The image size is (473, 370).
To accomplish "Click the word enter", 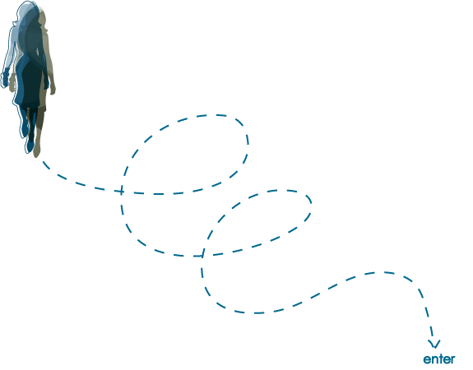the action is coord(439,359).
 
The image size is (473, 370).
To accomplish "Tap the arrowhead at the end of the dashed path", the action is coord(434,344).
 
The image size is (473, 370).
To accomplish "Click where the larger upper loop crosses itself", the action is coord(121,192).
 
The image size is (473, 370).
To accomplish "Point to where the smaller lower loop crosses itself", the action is coord(202,256).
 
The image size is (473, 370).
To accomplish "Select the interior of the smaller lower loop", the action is coord(257,223).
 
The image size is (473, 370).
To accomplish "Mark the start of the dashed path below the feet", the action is coord(44,163).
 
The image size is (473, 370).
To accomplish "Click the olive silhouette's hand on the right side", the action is coord(53,89).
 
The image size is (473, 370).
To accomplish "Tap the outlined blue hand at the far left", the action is coord(4,80).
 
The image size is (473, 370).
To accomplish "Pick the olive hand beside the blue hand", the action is coord(12,82).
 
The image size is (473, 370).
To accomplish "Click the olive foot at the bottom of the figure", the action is coord(37,150).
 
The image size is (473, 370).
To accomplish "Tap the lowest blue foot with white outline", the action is coord(30,146).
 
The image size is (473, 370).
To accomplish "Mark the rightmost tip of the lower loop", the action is coord(311,204).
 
